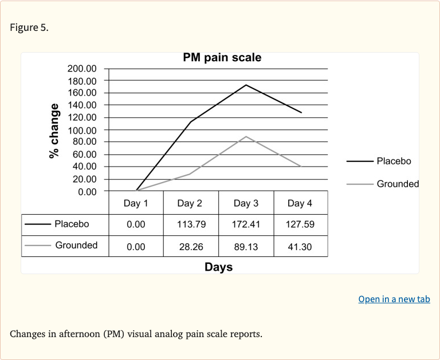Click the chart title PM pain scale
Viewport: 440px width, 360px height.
tap(222, 58)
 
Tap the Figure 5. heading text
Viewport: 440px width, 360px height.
tap(29, 27)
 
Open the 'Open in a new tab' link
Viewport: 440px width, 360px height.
tap(394, 299)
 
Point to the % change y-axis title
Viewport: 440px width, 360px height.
tap(54, 130)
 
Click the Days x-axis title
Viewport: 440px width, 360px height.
tap(218, 267)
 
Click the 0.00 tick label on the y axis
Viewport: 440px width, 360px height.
tap(87, 191)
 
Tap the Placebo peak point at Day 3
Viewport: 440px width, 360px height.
tap(246, 85)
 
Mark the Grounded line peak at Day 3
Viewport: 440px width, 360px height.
tap(246, 136)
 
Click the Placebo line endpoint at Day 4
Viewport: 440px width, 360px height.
tap(301, 113)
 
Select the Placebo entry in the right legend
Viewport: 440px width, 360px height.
tap(394, 161)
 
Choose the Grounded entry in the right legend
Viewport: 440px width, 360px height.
tap(398, 184)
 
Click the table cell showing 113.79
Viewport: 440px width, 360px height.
tap(191, 224)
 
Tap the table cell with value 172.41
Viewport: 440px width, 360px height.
tap(246, 224)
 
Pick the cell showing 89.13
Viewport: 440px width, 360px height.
tap(246, 246)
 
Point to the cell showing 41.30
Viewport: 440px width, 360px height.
tap(301, 246)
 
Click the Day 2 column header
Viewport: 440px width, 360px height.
tap(190, 203)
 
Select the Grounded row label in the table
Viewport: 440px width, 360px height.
tap(76, 245)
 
